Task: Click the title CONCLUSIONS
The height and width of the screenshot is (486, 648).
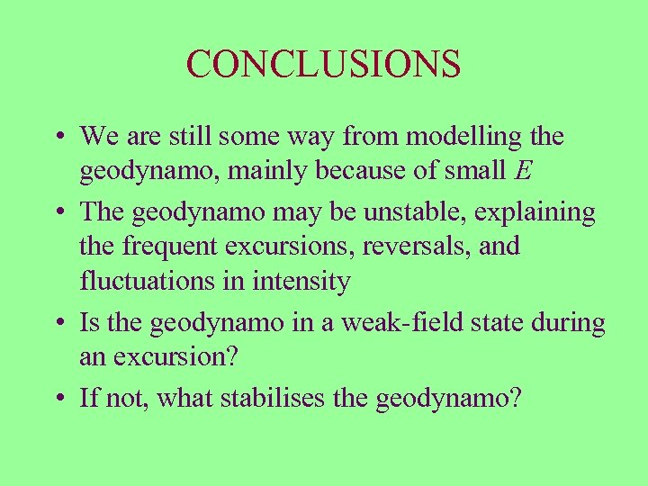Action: click(x=324, y=65)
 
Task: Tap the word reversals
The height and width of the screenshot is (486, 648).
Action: click(x=391, y=247)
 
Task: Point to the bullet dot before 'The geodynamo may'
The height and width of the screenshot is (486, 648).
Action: click(x=57, y=214)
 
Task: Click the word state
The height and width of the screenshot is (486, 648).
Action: click(x=500, y=322)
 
